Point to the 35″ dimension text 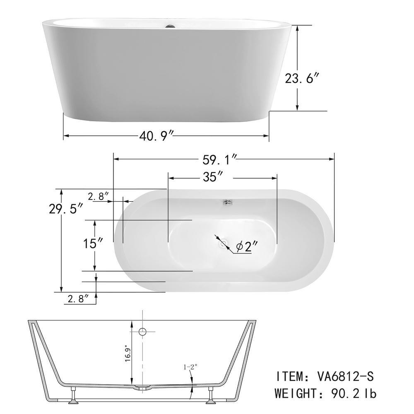pos(213,177)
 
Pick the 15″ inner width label pos(93,243)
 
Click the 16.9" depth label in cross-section pos(128,353)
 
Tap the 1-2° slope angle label pos(190,366)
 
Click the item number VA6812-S pos(346,376)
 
